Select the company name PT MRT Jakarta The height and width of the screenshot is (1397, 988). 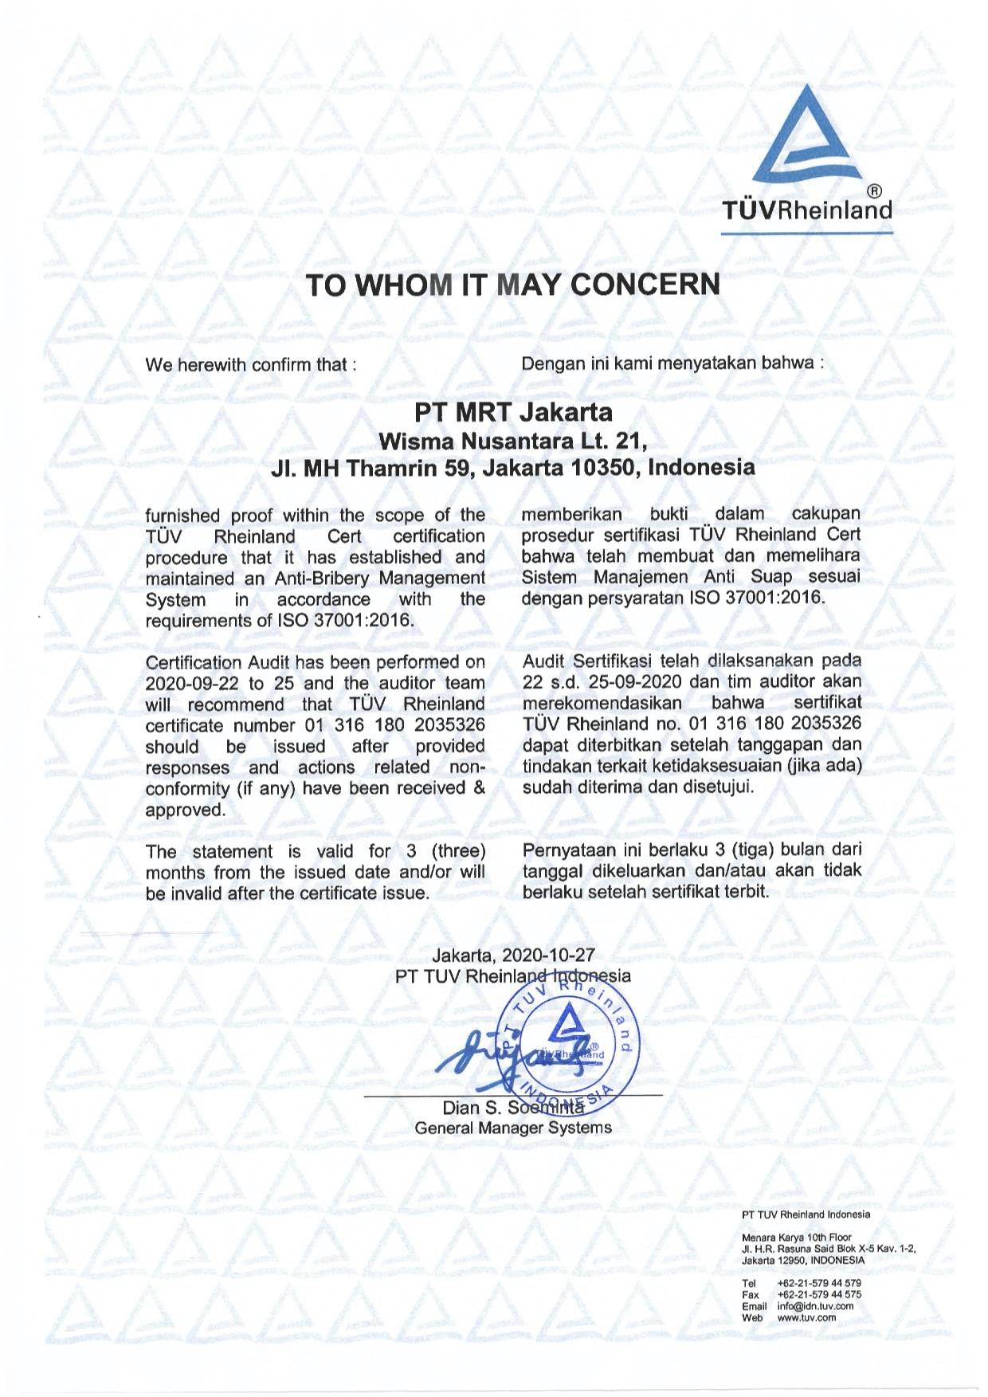[513, 412]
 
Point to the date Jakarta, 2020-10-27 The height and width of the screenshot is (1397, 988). [513, 955]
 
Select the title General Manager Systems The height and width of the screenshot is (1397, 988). [513, 1128]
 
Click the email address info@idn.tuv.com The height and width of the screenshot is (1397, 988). [815, 1306]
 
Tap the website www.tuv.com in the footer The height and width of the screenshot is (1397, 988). [806, 1317]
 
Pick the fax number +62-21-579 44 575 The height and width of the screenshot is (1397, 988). [818, 1295]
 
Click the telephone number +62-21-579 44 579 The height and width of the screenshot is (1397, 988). [818, 1283]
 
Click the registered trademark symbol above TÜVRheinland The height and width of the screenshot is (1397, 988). [874, 190]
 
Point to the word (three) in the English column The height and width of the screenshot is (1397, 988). [458, 851]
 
